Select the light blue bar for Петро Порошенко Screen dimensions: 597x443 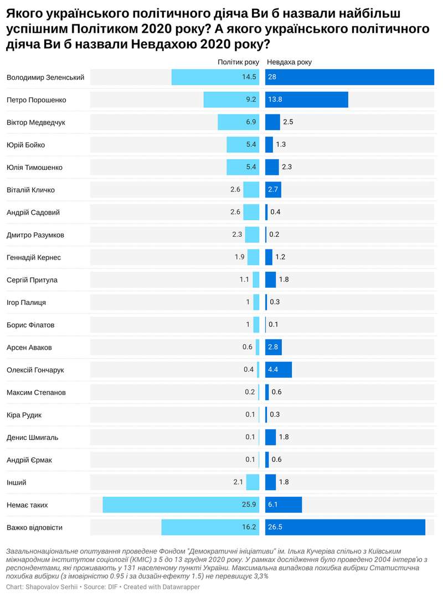coord(231,100)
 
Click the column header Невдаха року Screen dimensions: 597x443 coord(289,62)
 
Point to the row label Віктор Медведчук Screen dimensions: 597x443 coord(36,122)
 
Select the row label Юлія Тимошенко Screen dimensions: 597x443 coord(34,167)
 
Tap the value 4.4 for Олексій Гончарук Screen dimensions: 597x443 coord(274,370)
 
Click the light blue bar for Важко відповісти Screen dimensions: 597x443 coord(210,527)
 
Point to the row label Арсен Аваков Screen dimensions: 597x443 coord(29,347)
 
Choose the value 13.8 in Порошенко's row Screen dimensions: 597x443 coord(276,100)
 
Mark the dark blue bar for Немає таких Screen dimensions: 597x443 coord(284,505)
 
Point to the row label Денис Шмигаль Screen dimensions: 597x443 coord(33,438)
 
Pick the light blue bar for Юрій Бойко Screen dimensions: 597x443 coord(243,145)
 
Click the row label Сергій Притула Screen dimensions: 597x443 coord(32,280)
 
